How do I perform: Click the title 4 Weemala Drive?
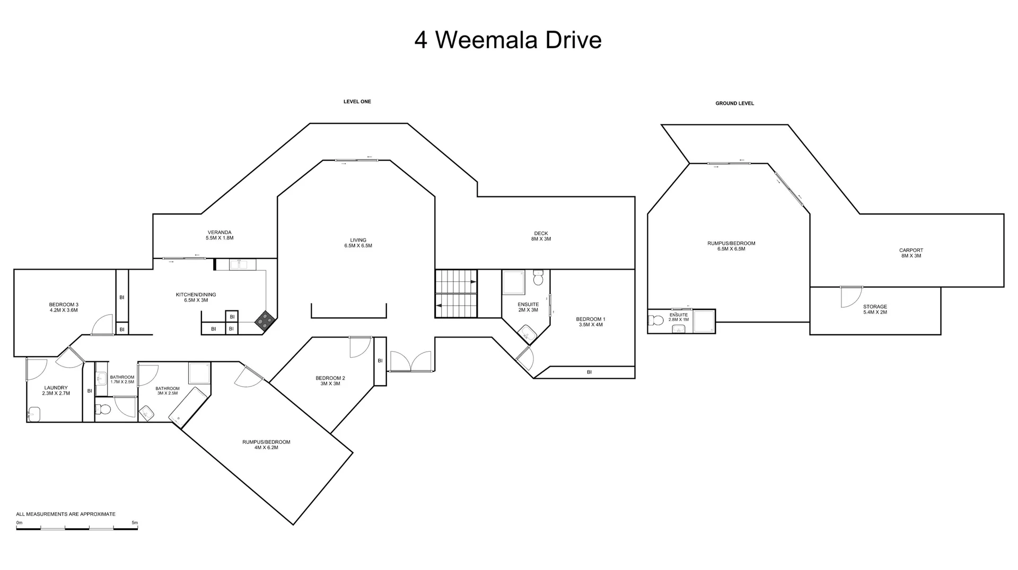click(508, 40)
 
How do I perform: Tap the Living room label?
click(358, 243)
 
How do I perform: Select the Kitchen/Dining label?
click(196, 297)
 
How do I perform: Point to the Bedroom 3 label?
click(64, 307)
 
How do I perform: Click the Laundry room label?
click(56, 390)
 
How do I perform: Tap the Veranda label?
click(220, 235)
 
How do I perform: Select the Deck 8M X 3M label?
click(541, 236)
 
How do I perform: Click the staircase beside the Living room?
click(456, 294)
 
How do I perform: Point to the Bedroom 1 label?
click(590, 322)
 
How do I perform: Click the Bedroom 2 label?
click(330, 380)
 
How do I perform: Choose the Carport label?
click(911, 253)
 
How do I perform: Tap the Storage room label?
click(875, 309)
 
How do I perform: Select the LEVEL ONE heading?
click(357, 102)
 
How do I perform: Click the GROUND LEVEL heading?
click(734, 103)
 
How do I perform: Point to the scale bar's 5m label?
click(135, 523)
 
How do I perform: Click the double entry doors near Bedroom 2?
click(411, 361)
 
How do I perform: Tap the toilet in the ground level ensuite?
click(656, 320)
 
